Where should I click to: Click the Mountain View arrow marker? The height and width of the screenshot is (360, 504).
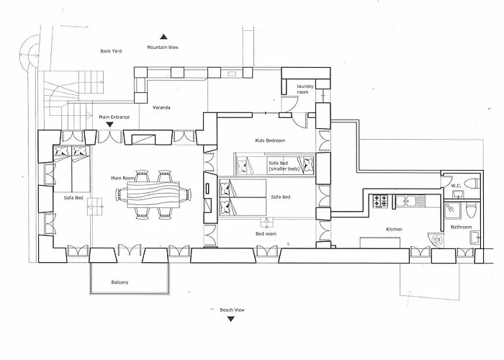point(163,36)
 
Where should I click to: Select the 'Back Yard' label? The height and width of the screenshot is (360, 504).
point(112,51)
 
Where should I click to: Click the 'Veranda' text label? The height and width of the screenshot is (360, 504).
point(161,108)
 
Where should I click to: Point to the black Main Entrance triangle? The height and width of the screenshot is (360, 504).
point(109,125)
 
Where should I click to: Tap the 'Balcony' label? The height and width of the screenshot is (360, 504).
point(120,282)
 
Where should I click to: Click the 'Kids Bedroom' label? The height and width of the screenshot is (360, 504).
point(270,140)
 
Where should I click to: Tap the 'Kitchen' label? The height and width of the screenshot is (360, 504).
point(394,229)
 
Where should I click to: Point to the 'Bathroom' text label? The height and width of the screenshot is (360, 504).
point(461,228)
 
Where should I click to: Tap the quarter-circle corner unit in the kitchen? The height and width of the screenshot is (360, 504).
point(432,240)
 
